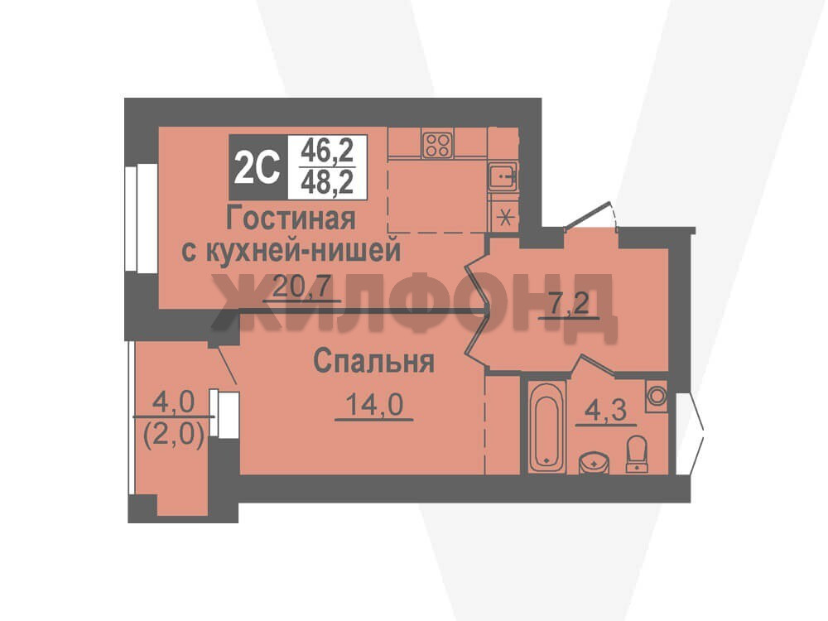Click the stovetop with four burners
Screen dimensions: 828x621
[x=438, y=143]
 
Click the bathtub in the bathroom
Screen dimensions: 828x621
[x=546, y=426]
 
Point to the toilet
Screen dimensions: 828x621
[x=637, y=454]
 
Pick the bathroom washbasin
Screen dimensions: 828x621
[x=595, y=463]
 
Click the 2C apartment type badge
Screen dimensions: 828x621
[x=258, y=167]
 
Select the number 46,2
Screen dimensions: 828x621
[x=327, y=152]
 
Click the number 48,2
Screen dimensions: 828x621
[x=327, y=183]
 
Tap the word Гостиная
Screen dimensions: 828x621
[x=291, y=218]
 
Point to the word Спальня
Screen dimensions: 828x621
[x=374, y=363]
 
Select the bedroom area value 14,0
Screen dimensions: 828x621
[x=374, y=406]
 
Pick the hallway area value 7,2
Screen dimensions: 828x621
[x=569, y=304]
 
